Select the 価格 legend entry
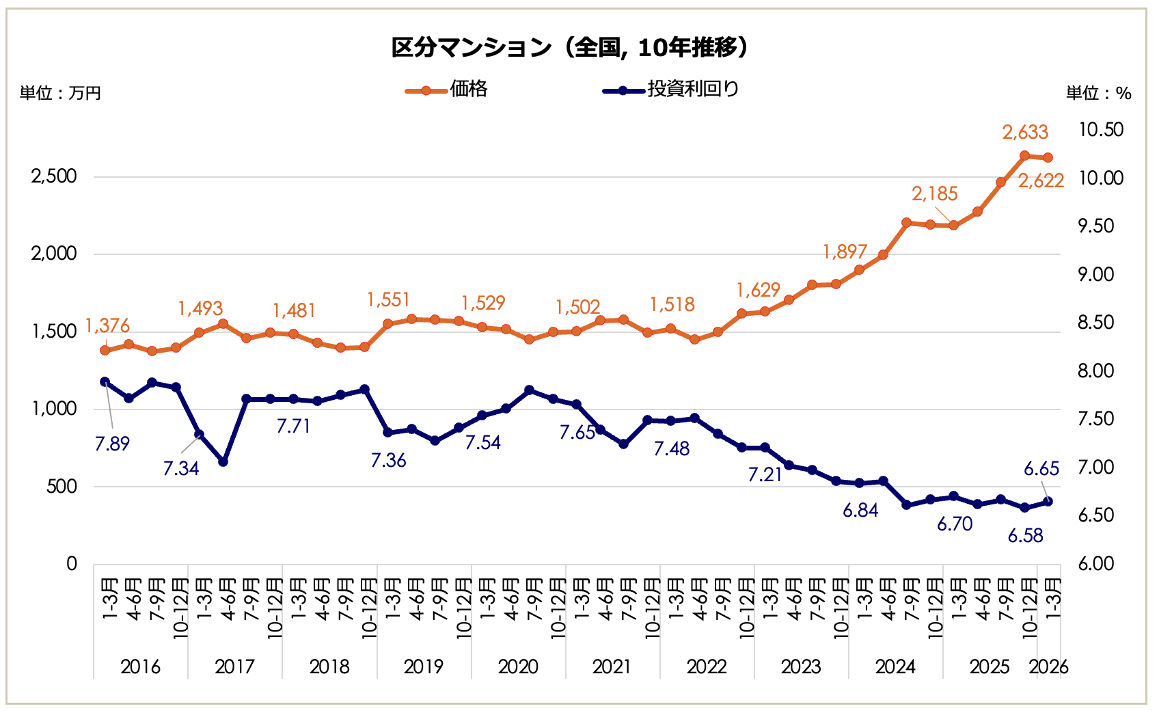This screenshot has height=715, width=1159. [468, 89]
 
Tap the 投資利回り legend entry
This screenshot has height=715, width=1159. [693, 89]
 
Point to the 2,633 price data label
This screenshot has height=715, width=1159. [1025, 132]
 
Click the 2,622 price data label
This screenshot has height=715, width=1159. [1041, 180]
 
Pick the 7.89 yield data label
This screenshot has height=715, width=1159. [112, 444]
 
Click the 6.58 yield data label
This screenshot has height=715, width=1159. [1025, 535]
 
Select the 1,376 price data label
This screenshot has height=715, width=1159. [107, 326]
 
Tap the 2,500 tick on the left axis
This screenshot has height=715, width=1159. [54, 176]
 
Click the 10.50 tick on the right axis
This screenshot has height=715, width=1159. [1100, 130]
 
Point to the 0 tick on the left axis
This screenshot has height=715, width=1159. [72, 564]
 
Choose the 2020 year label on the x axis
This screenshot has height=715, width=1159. [518, 666]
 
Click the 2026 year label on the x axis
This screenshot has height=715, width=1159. [1048, 666]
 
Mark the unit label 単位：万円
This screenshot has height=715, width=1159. [60, 93]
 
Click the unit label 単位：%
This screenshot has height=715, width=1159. [1098, 94]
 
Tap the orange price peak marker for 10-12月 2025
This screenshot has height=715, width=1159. [1024, 156]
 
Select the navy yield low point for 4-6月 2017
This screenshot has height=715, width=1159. [223, 462]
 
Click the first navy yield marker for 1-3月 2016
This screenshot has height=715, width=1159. [105, 382]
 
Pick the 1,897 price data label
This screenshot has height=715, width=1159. [845, 252]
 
